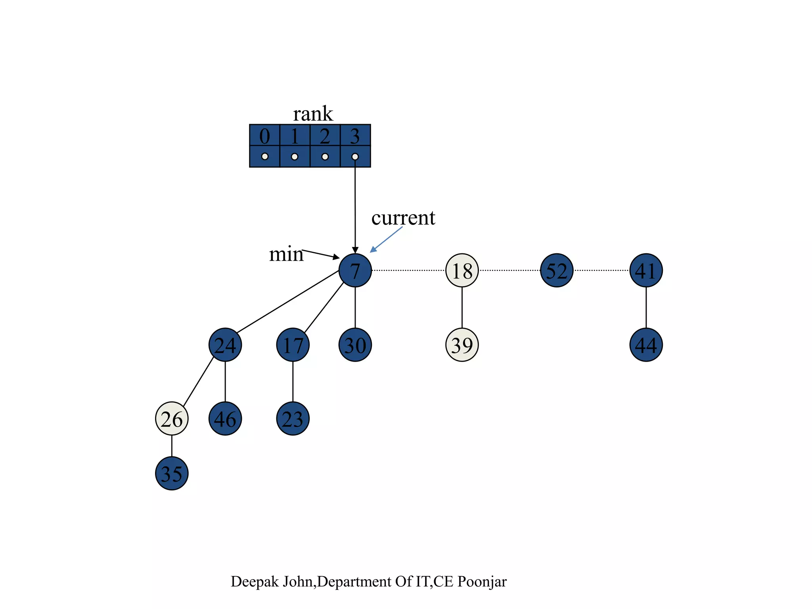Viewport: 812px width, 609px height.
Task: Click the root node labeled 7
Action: click(x=355, y=270)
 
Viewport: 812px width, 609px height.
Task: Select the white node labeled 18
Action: click(x=462, y=270)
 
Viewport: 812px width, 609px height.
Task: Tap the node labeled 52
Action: click(x=557, y=270)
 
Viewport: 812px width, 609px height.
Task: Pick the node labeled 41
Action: click(x=646, y=270)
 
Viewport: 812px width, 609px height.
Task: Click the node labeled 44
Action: click(x=646, y=345)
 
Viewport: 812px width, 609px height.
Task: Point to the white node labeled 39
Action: click(x=462, y=345)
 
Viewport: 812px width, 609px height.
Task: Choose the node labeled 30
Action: click(x=355, y=345)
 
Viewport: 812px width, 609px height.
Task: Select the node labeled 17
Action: click(x=293, y=345)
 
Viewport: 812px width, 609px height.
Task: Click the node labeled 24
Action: click(x=225, y=345)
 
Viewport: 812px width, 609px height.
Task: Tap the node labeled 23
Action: click(x=293, y=419)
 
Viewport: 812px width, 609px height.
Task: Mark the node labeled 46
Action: click(x=225, y=419)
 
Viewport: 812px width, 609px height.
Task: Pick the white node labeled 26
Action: click(x=172, y=419)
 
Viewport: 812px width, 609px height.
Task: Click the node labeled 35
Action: click(x=172, y=473)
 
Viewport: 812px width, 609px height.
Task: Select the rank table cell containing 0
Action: click(x=264, y=136)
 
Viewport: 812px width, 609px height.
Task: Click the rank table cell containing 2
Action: click(x=325, y=136)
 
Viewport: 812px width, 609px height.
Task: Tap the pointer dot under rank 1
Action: click(x=295, y=157)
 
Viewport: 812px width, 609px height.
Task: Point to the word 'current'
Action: click(x=403, y=218)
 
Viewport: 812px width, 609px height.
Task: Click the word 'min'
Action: click(x=286, y=254)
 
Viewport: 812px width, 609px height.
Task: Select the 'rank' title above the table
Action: click(x=313, y=114)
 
